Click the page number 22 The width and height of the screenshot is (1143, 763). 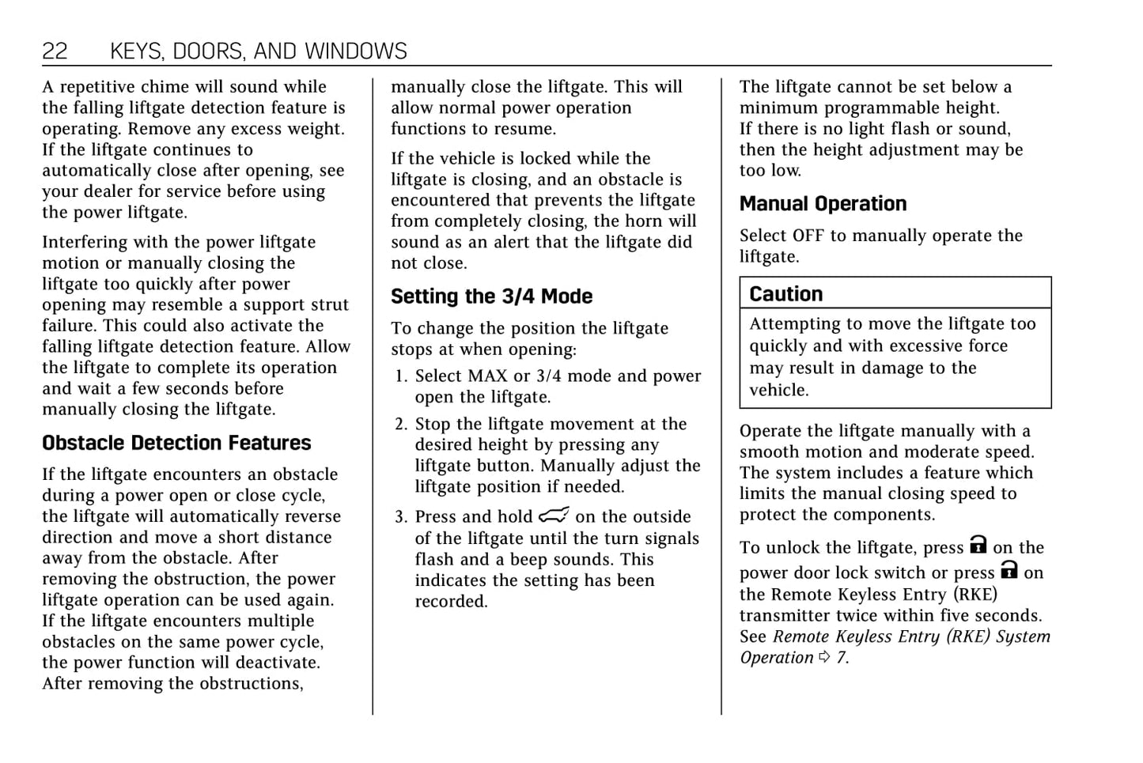point(55,51)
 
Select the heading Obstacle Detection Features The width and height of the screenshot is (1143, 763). point(176,443)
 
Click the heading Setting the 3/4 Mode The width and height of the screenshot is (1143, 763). point(491,297)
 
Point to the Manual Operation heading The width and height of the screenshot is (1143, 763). point(823,204)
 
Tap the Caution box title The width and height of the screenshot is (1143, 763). point(785,294)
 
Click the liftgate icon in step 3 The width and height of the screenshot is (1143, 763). point(554,516)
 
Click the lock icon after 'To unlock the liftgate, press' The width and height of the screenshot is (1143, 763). point(978,545)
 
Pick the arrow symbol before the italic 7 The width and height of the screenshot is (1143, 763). point(825,657)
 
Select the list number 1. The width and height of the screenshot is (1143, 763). point(400,376)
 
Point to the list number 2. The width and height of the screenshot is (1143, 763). point(400,425)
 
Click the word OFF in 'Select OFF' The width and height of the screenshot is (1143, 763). point(808,236)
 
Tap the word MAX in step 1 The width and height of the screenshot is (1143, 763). point(488,376)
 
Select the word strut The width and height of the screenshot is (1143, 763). point(329,305)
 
